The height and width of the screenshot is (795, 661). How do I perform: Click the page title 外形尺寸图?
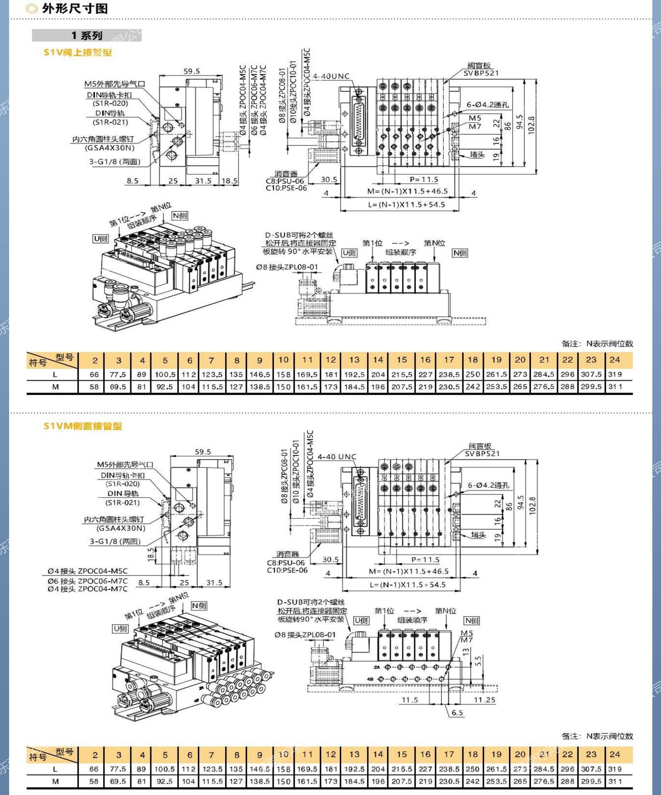[75, 8]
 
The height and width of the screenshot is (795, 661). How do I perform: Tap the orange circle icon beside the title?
[31, 8]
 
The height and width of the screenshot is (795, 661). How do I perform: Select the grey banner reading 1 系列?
[87, 36]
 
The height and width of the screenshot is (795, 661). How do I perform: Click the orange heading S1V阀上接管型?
[78, 53]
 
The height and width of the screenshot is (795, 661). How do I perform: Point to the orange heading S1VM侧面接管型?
[83, 426]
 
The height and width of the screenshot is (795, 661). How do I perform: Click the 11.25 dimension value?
[484, 700]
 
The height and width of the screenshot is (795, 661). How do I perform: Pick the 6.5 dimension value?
[457, 713]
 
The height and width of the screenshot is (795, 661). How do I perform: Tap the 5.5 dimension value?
[478, 661]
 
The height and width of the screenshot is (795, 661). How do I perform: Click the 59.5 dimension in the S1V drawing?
[191, 71]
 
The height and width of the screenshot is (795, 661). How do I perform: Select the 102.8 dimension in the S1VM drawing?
[533, 506]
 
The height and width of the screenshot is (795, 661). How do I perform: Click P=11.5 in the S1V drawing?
[424, 179]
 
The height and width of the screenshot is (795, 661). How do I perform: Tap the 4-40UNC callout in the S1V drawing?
[331, 76]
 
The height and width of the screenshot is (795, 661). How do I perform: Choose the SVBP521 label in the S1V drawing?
[481, 73]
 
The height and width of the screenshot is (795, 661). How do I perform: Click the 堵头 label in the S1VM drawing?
[478, 535]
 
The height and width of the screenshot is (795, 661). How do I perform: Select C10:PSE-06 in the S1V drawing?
[286, 188]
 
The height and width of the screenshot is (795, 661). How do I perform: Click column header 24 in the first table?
[615, 360]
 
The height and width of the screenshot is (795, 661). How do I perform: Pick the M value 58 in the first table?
[94, 387]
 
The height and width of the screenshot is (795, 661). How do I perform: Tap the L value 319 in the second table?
[615, 769]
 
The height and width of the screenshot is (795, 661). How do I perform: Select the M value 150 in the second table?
[283, 781]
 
